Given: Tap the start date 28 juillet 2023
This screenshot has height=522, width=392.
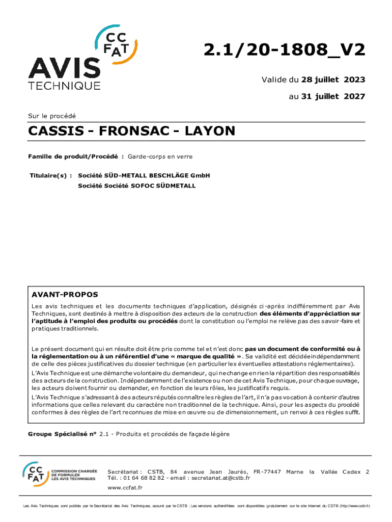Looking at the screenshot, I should tap(333, 80).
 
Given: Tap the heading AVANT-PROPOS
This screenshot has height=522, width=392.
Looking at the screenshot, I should tap(65, 295).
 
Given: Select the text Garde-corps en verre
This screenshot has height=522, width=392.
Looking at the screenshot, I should tap(160, 156).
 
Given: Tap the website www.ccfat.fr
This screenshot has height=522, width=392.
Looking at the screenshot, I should tap(125, 488).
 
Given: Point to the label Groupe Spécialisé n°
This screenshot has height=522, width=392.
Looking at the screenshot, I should tap(62, 434).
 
